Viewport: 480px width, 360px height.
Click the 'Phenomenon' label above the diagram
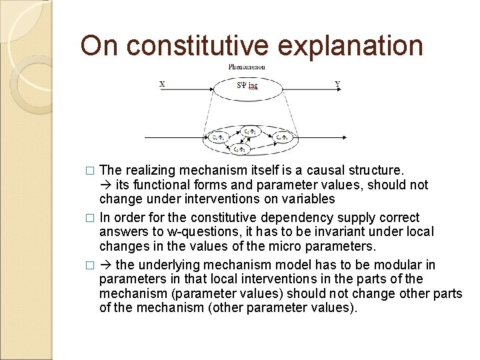[247, 67]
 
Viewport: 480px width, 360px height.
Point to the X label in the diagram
[163, 84]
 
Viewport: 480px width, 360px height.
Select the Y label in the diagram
[337, 84]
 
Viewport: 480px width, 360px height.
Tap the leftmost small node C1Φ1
[219, 137]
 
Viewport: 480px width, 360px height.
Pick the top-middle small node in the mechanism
[250, 131]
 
